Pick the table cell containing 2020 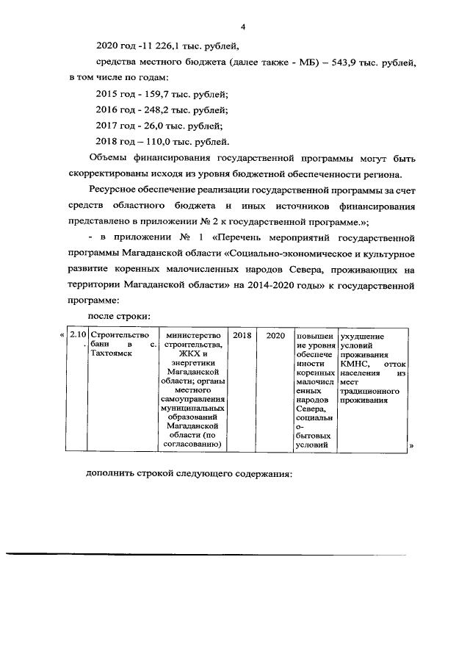[275, 336]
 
